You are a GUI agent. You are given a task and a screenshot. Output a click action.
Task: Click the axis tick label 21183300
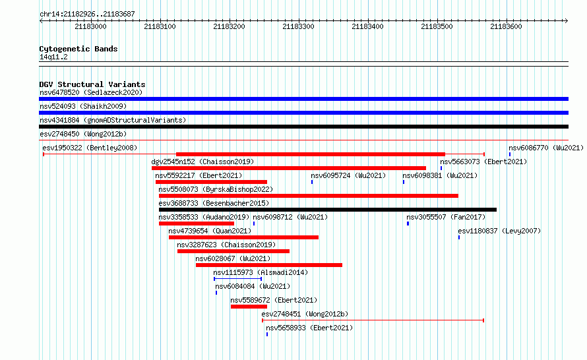[x=298, y=26]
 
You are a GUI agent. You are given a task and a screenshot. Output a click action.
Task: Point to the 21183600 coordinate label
[x=506, y=26]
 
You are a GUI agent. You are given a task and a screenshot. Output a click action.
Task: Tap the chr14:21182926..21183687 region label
[x=87, y=15]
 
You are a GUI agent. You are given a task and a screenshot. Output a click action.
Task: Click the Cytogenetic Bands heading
[x=78, y=49]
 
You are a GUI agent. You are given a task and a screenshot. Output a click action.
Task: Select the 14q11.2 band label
[x=53, y=57]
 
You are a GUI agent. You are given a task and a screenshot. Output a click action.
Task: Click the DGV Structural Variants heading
[x=92, y=84]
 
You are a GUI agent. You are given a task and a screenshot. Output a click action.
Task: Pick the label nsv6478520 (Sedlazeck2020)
[x=91, y=92]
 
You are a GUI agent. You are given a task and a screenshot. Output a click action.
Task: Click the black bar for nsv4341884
[x=303, y=127]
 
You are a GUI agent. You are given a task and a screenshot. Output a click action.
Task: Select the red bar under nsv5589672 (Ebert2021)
[x=249, y=307]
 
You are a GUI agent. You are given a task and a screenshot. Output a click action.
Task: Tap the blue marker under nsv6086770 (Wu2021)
[x=510, y=154]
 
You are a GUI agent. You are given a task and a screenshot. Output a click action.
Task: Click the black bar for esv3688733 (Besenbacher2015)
[x=328, y=210]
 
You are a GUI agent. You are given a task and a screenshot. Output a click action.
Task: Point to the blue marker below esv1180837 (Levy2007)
[x=459, y=237]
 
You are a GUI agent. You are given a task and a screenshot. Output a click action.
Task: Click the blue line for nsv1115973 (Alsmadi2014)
[x=237, y=279]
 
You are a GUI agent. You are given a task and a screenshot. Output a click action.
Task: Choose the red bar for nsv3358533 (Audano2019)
[x=197, y=224]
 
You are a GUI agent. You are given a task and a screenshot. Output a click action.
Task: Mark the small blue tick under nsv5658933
[x=267, y=334]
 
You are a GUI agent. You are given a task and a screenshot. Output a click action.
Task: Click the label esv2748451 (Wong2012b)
[x=305, y=314]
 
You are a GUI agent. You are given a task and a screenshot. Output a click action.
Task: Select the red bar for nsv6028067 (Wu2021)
[x=269, y=265]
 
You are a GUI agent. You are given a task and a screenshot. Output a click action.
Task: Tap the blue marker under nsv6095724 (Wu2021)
[x=312, y=182]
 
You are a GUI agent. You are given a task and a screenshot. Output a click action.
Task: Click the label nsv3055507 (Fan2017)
[x=446, y=217]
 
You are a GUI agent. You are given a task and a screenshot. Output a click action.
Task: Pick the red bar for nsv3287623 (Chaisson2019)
[x=233, y=251]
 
